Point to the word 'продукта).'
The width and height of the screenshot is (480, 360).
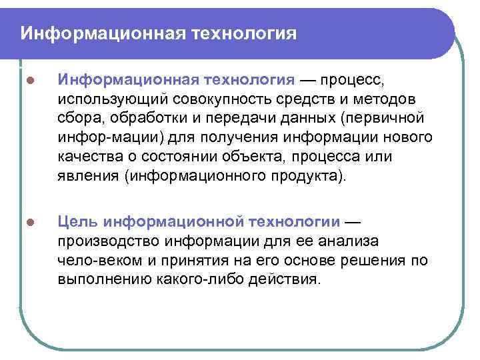[311, 176]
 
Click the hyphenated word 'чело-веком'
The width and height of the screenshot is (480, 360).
[93, 260]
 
